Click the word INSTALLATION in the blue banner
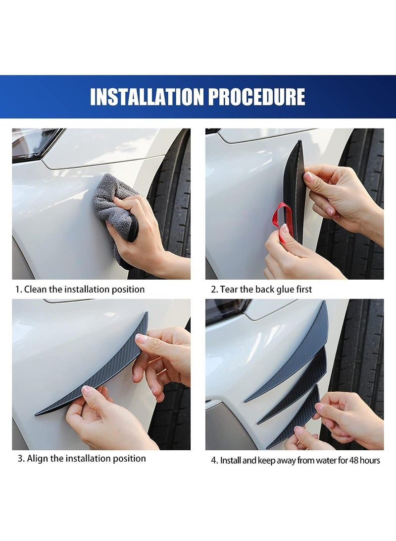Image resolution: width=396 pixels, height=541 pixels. pos(147,97)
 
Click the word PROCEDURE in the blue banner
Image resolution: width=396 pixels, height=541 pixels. pos(256,97)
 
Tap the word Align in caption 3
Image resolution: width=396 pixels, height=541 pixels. pos(38,458)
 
